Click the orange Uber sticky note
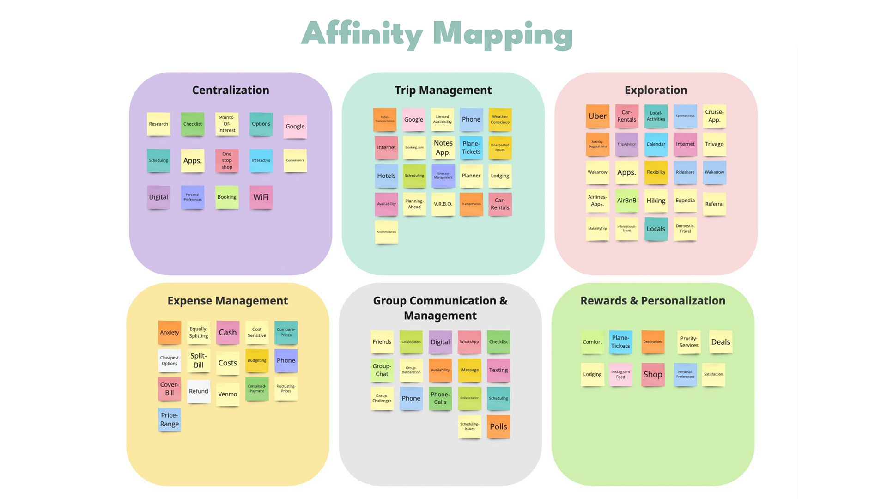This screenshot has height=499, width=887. pos(597,116)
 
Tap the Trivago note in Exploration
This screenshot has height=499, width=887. pos(714,144)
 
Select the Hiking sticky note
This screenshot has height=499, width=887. pos(656,201)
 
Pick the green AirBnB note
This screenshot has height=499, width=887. pos(626,201)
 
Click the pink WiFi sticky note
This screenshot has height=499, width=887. pos(261,197)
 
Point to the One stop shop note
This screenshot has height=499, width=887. pos(227,161)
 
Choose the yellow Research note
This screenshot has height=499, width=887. pos(158,124)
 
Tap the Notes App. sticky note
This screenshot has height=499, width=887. pos(443,147)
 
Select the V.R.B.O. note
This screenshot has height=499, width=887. pos(443,204)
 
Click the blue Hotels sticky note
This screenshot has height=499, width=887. pos(386,176)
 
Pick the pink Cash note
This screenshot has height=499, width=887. pos(228,333)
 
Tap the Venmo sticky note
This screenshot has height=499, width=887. pos(228,394)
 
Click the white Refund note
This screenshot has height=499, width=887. pos(199,391)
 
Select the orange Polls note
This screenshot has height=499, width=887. pos(498,427)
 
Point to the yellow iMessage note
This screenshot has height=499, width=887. pos(469,370)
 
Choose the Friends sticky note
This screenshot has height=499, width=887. pos(382,342)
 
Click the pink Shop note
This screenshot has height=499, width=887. pos(653,375)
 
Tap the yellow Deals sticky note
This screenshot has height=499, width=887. pos(721,342)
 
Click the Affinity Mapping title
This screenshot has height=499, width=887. pos(437,34)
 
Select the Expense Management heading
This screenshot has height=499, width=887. pos(228,301)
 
